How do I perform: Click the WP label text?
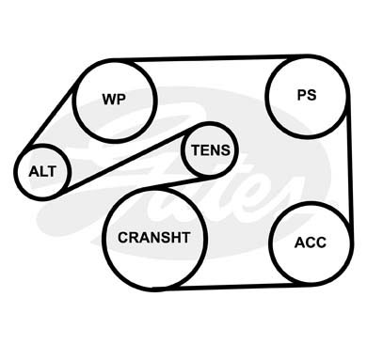[x=114, y=99]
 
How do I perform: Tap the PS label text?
[x=307, y=95]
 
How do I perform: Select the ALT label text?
[x=42, y=172]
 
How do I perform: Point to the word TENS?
[x=211, y=150]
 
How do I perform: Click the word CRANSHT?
[x=154, y=238]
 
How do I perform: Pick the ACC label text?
[x=311, y=243]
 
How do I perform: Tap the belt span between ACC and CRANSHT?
[x=232, y=287]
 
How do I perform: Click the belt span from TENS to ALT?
[x=125, y=159]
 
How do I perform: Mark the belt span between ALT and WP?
[x=51, y=115]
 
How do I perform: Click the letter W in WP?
[x=109, y=99]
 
